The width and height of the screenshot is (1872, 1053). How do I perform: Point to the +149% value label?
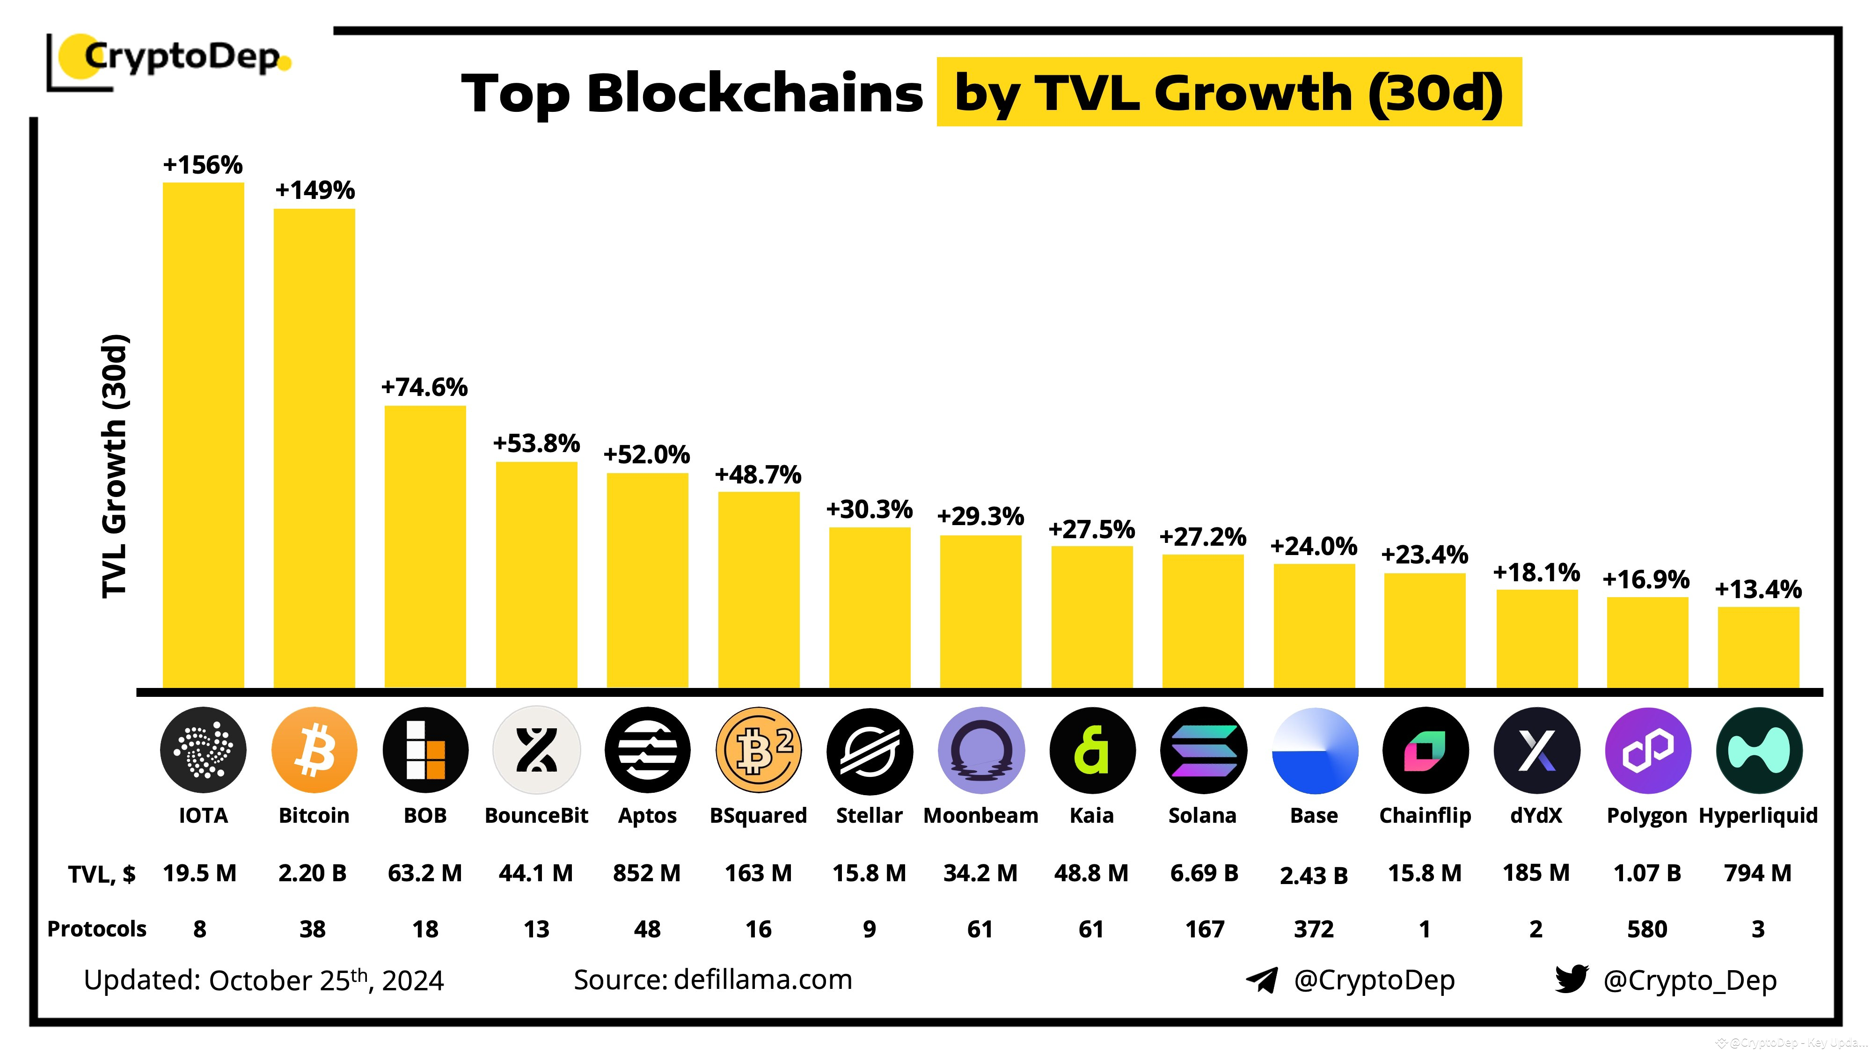[x=314, y=190]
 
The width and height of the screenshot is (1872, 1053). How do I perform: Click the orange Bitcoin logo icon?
[x=314, y=750]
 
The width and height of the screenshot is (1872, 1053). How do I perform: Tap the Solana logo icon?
[x=1203, y=750]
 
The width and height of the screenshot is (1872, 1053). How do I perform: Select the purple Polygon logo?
[x=1647, y=750]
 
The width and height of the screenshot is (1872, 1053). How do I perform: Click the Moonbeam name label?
[x=980, y=815]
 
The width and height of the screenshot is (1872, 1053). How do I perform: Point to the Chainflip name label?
[x=1425, y=815]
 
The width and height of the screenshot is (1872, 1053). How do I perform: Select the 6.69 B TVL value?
[x=1203, y=873]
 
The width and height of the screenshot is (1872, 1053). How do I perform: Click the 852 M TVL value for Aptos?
[x=647, y=873]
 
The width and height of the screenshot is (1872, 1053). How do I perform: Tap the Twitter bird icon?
[x=1571, y=979]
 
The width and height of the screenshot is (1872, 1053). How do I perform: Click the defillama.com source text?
[x=762, y=980]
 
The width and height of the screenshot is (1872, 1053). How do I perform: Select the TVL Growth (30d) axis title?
[x=115, y=466]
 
